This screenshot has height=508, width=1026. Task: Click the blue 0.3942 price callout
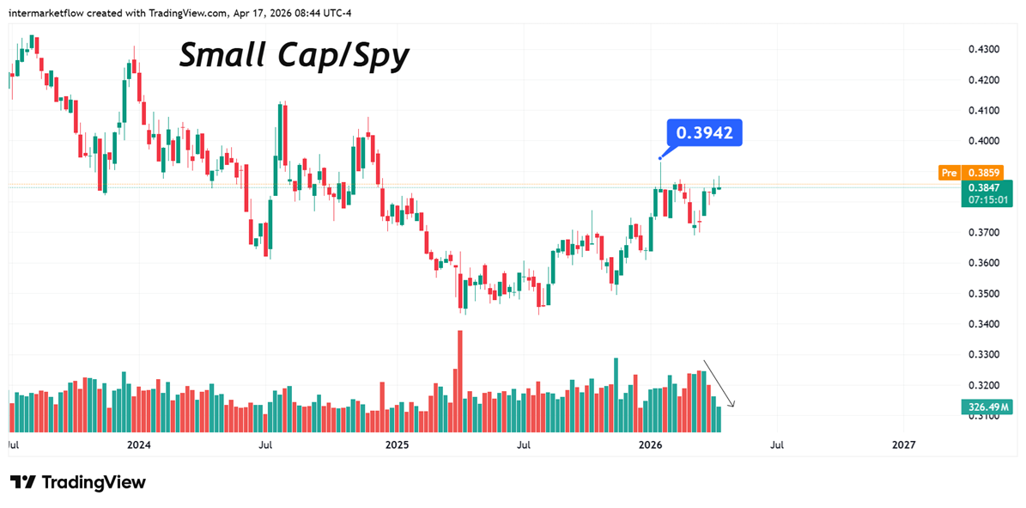(704, 133)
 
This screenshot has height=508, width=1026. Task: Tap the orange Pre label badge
(949, 172)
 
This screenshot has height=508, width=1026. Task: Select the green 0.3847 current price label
(987, 187)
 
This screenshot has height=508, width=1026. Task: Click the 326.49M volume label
(987, 407)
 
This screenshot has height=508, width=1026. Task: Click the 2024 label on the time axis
(138, 445)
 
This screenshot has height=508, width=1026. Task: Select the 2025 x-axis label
(397, 445)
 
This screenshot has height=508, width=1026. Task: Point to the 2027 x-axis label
(903, 445)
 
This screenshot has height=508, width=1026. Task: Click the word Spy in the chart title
(379, 57)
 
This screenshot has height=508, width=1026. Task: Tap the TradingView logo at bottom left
(78, 482)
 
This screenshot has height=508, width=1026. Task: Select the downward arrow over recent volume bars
(719, 383)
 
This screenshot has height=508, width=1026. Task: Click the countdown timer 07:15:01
(987, 200)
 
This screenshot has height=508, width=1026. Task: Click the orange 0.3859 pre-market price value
(987, 172)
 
